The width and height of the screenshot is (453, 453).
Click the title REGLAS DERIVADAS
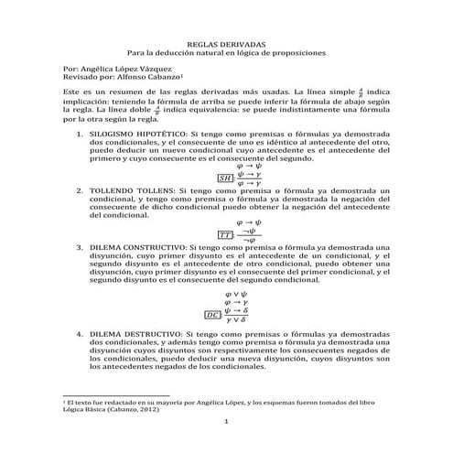click(x=225, y=43)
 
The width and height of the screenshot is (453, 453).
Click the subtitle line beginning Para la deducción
click(x=226, y=53)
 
